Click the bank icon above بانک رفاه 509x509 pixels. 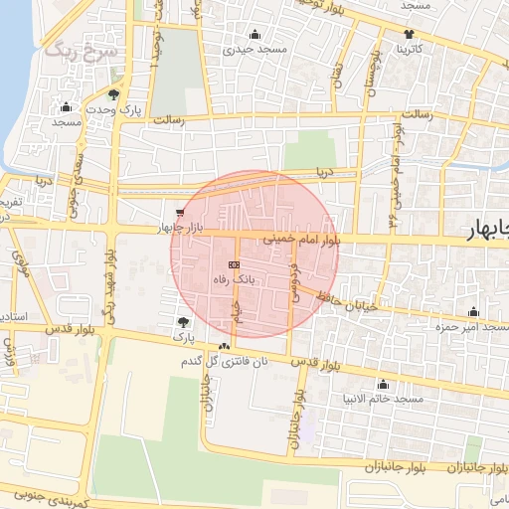(x=234, y=264)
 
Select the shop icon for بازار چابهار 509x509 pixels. (x=179, y=212)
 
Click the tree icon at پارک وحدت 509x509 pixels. (x=115, y=95)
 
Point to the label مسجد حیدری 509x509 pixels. (x=254, y=48)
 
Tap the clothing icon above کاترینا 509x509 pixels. (x=410, y=33)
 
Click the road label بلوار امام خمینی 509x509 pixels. (x=302, y=240)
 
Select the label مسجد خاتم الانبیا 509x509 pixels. (x=383, y=399)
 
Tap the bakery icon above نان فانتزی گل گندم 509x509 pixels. (x=225, y=347)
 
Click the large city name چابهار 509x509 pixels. (x=488, y=232)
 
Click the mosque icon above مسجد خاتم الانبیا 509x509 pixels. (x=383, y=384)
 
